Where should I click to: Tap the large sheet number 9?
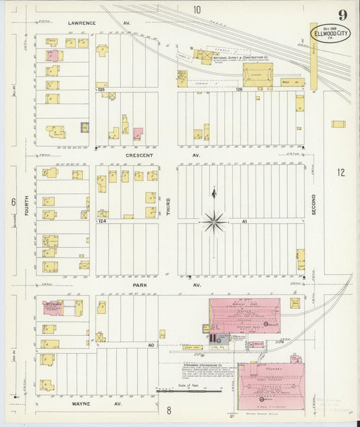[x=343, y=15]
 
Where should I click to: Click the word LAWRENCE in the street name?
[x=82, y=22]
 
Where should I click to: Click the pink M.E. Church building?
[x=53, y=307]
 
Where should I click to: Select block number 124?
[x=102, y=221]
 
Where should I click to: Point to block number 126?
[x=238, y=89]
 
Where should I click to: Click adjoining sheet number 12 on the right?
[x=341, y=172]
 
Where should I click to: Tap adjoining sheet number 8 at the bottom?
[x=170, y=410]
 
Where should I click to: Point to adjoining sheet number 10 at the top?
[x=197, y=9]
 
